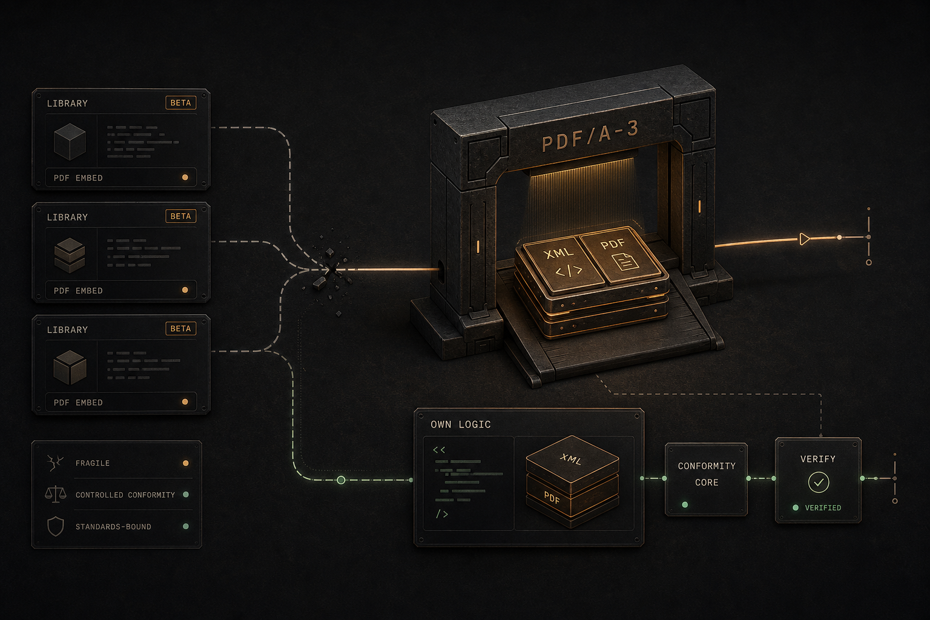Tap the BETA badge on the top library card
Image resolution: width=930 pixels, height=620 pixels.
pyautogui.click(x=180, y=102)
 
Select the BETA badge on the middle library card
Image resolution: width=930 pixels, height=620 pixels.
pyautogui.click(x=180, y=216)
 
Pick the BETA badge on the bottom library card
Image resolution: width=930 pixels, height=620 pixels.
pyautogui.click(x=180, y=329)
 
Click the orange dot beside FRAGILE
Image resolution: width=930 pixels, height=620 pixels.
pyautogui.click(x=186, y=463)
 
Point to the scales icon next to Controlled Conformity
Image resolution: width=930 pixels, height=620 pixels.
pyautogui.click(x=55, y=494)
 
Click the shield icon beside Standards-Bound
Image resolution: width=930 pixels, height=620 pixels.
pyautogui.click(x=56, y=526)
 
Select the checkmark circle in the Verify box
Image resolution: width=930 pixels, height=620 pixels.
pyautogui.click(x=819, y=482)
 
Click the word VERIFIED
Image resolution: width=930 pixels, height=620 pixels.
pyautogui.click(x=823, y=507)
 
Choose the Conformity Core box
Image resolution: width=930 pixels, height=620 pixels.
pyautogui.click(x=706, y=479)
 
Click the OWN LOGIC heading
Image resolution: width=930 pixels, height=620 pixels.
pyautogui.click(x=460, y=424)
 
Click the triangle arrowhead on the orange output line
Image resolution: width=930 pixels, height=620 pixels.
pyautogui.click(x=804, y=239)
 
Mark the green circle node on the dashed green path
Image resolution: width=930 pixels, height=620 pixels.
pyautogui.click(x=341, y=480)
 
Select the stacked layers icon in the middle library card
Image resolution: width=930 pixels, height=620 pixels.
pyautogui.click(x=70, y=255)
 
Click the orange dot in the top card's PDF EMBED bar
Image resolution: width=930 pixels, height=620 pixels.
pyautogui.click(x=185, y=177)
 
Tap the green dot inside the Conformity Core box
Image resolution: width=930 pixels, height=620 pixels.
pyautogui.click(x=685, y=504)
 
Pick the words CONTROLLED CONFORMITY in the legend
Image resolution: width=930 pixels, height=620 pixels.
pyautogui.click(x=125, y=495)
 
